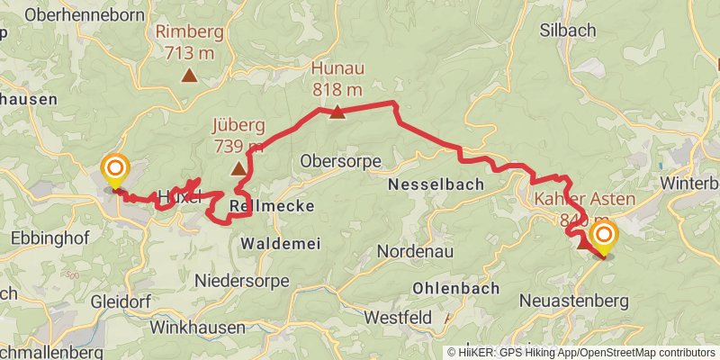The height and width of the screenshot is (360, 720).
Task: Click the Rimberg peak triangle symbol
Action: coord(189,76)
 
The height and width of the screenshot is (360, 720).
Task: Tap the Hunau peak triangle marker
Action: coord(337,112)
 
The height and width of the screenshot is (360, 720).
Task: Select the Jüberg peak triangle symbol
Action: coord(238,168)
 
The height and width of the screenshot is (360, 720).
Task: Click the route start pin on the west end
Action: coord(115,169)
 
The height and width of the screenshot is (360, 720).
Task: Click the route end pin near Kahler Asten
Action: coord(602,238)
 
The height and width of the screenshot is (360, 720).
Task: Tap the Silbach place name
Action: coord(567,31)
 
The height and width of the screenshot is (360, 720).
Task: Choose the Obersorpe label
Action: coord(341,162)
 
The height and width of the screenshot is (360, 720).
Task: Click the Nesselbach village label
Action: coord(436,184)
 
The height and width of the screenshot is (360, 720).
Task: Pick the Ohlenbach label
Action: coord(455,289)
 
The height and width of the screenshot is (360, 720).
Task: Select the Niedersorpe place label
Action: coord(247,279)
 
